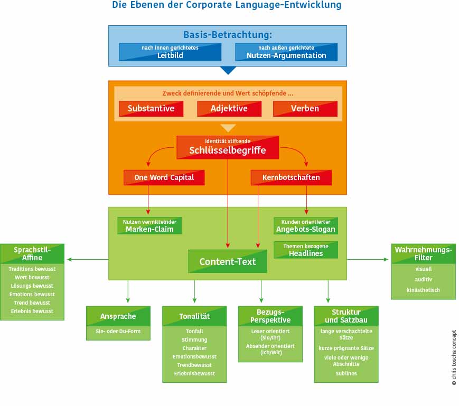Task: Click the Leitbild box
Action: pos(170,52)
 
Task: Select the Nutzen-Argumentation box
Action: pos(286,52)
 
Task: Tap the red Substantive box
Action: pos(151,108)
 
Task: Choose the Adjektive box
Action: pos(229,108)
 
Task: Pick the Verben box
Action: pos(305,108)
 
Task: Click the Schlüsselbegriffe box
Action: pos(228,147)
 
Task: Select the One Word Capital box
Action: pos(164,177)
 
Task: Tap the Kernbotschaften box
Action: pos(291,177)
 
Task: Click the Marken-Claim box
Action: pos(149,225)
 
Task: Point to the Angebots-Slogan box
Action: pos(306,225)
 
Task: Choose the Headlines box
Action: pos(306,250)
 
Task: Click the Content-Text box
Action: pos(228,261)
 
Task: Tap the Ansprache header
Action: pos(118,316)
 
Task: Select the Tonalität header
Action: pos(194,316)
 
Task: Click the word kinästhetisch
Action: pos(423,290)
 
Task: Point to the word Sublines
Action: pos(346,373)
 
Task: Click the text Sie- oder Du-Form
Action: pos(118,332)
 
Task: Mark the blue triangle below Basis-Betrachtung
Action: pos(228,70)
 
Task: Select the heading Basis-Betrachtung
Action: pos(228,35)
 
